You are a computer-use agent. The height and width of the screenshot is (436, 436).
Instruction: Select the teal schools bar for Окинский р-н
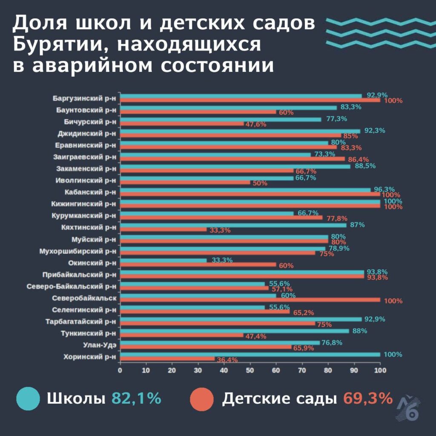[x=163, y=260]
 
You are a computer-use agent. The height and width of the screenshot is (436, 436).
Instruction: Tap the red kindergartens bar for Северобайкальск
[x=250, y=299]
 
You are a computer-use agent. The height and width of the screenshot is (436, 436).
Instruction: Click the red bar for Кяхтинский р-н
[x=163, y=229]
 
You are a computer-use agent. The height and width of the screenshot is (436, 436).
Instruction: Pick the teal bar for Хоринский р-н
[x=250, y=354]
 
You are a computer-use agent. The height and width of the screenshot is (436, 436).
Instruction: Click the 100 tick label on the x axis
[x=380, y=370]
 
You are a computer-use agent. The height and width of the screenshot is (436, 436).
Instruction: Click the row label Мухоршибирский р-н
[x=77, y=251]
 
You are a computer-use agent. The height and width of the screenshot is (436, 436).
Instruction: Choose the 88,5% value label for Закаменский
[x=365, y=166]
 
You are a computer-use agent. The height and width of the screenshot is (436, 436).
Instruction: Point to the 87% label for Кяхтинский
[x=357, y=225]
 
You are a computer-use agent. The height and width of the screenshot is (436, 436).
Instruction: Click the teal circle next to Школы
[x=28, y=399]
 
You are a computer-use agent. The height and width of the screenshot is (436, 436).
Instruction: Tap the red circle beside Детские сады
[x=201, y=399]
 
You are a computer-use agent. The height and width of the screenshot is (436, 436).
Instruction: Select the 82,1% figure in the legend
[x=136, y=399]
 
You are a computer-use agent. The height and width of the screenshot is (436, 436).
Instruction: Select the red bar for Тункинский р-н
[x=182, y=335]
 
